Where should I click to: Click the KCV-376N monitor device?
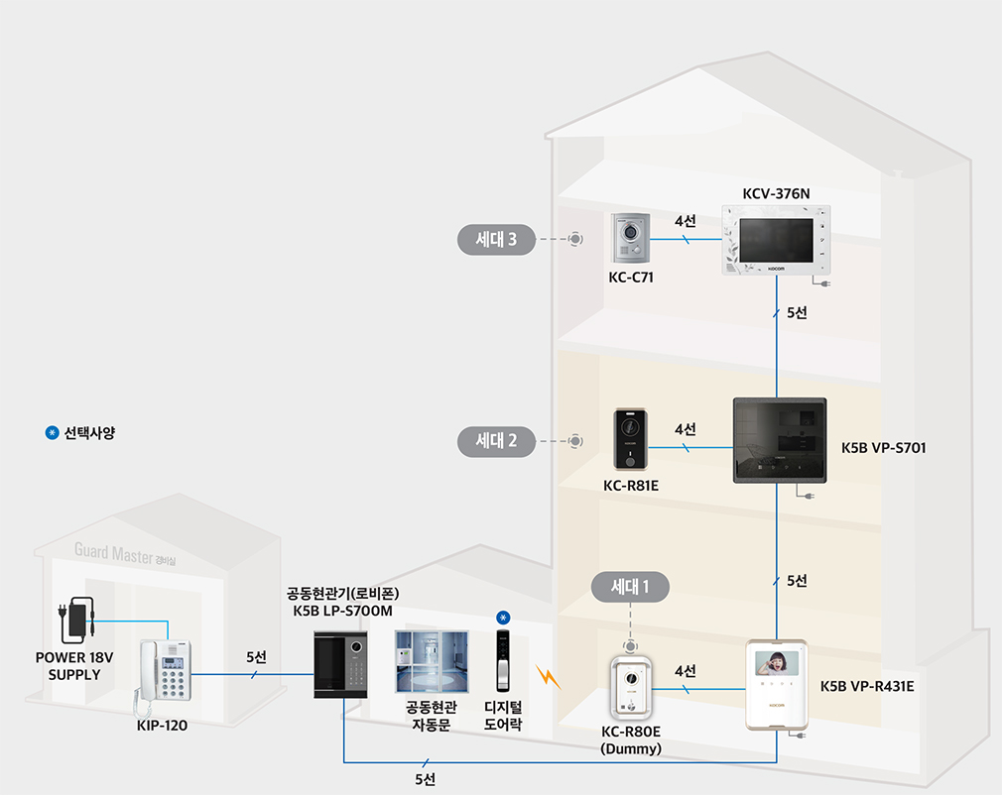(x=775, y=240)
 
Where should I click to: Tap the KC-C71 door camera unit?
(x=630, y=240)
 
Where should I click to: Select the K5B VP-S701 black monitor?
(x=779, y=440)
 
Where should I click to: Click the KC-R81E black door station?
(x=630, y=439)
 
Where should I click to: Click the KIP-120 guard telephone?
(x=163, y=674)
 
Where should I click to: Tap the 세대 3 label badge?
(x=495, y=239)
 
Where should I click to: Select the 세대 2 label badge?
(x=495, y=439)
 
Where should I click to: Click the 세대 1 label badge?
(x=630, y=587)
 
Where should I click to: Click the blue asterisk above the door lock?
(x=504, y=618)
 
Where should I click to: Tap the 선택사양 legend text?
(x=89, y=433)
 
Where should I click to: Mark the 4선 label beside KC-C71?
(x=685, y=222)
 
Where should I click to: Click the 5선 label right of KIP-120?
(x=257, y=656)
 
